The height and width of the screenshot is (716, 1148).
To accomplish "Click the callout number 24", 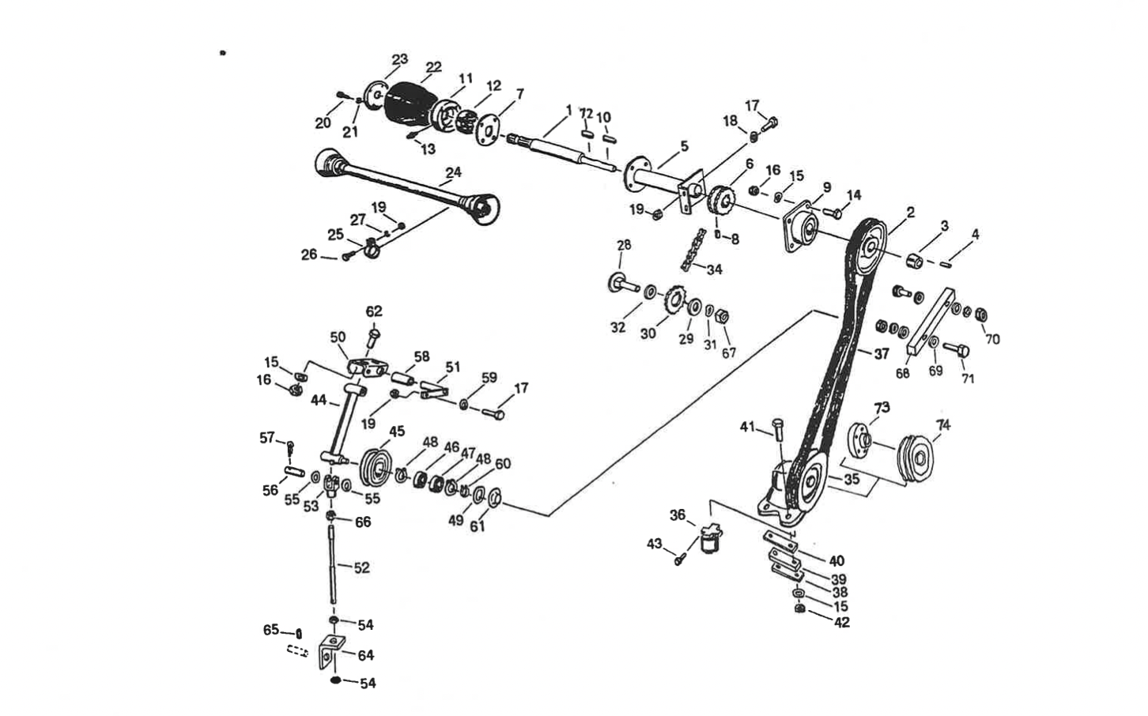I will tap(453, 172).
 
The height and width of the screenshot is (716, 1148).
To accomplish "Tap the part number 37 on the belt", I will tap(881, 354).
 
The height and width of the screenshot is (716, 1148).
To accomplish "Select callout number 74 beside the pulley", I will tap(942, 424).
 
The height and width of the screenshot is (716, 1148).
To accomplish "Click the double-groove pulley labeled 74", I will tap(916, 458).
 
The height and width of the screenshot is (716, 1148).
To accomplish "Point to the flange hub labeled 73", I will tap(859, 439).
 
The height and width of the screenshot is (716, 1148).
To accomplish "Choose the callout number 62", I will tap(374, 311).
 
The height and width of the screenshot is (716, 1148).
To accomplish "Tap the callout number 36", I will tap(677, 514).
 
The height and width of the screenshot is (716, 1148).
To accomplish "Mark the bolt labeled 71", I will tap(956, 349).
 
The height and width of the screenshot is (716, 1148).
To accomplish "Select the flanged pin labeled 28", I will tap(622, 282).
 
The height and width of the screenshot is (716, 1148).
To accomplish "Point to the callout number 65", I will tap(271, 630).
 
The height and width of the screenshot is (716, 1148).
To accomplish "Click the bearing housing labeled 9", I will tap(799, 228).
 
